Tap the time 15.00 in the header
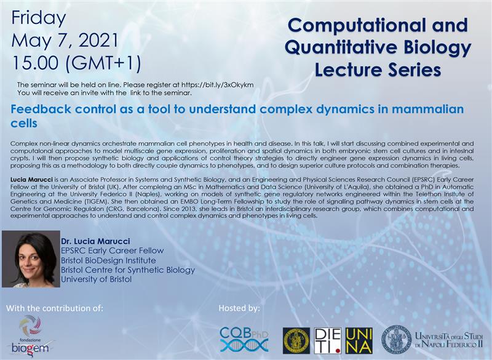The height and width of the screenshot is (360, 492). click(x=35, y=63)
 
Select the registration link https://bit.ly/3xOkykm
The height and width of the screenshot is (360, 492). click(x=218, y=85)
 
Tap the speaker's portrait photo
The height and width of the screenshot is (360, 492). click(x=31, y=259)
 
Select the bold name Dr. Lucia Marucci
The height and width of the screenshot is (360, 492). click(x=95, y=241)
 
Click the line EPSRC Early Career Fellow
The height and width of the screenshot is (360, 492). click(x=113, y=251)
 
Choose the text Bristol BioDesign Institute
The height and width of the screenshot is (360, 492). click(x=108, y=260)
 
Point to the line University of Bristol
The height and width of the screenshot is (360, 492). click(x=96, y=279)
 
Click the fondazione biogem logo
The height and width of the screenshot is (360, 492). click(x=30, y=336)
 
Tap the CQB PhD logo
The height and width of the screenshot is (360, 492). click(x=244, y=339)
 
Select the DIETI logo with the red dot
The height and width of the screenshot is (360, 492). click(x=328, y=341)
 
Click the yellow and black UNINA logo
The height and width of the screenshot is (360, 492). click(x=359, y=341)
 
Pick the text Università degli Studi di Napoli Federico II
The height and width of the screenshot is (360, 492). click(x=449, y=340)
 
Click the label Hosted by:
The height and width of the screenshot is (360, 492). click(x=239, y=308)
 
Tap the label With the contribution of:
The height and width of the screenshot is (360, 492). click(x=55, y=308)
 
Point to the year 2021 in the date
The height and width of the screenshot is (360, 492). click(x=98, y=41)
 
